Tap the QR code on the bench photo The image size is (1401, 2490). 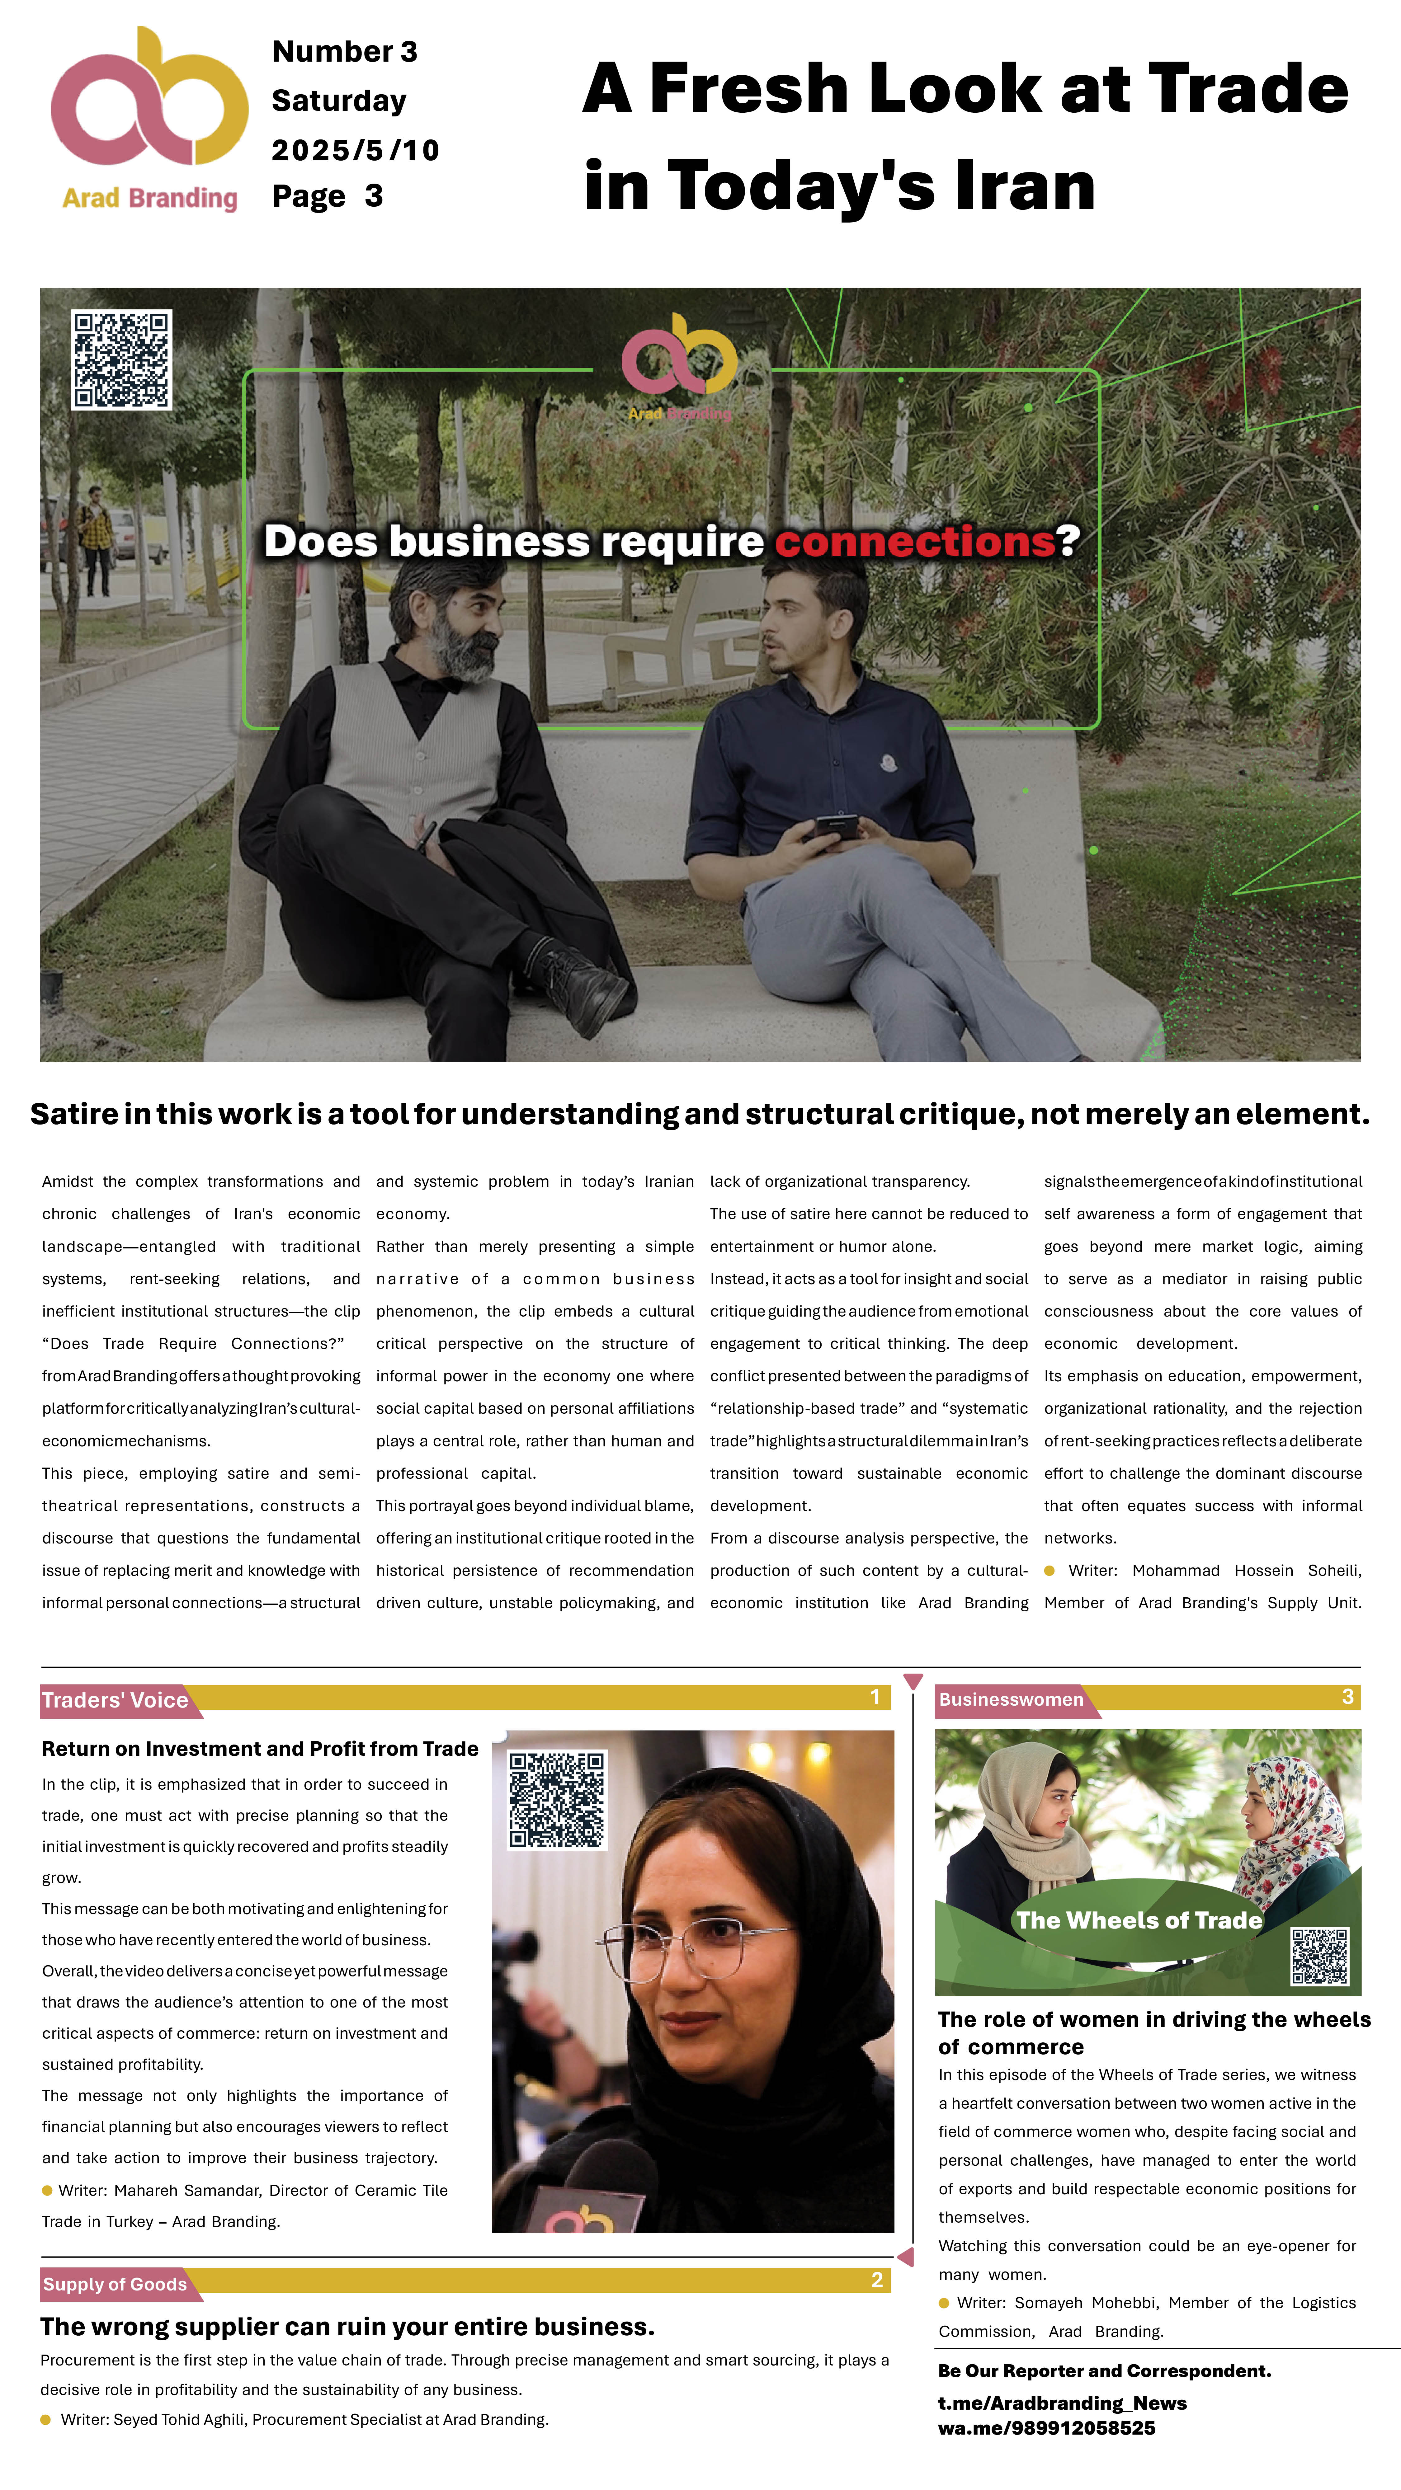click(122, 359)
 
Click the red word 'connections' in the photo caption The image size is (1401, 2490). click(914, 541)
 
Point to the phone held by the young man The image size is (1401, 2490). click(835, 827)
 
